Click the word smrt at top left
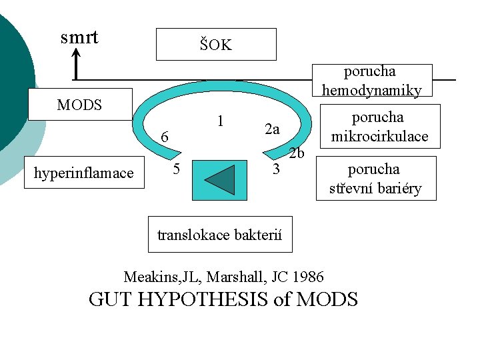tap(79, 37)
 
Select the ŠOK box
tap(215, 45)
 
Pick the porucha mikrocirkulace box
tap(379, 127)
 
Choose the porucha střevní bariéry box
tap(375, 178)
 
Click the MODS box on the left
tap(79, 105)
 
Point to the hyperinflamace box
tap(84, 173)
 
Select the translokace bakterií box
tap(219, 235)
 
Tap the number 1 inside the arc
tap(220, 121)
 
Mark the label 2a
tap(271, 129)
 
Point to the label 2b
tap(297, 154)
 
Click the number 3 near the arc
tap(276, 169)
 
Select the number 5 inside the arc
tap(176, 169)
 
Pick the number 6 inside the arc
tap(163, 137)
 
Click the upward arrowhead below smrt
tap(77, 55)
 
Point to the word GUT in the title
tap(108, 299)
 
